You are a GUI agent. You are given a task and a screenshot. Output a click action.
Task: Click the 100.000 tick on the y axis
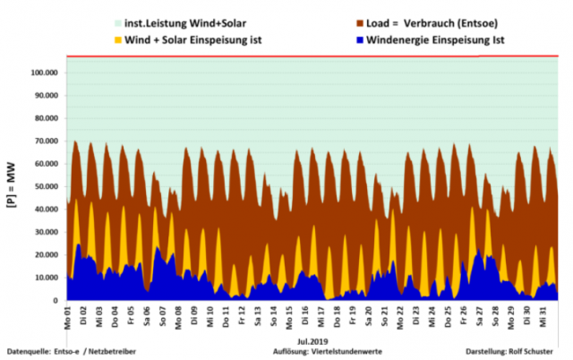pos(43,73)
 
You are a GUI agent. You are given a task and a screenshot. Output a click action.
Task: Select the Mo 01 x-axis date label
pos(67,318)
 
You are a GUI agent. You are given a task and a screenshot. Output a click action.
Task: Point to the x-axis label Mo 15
pos(290,318)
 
